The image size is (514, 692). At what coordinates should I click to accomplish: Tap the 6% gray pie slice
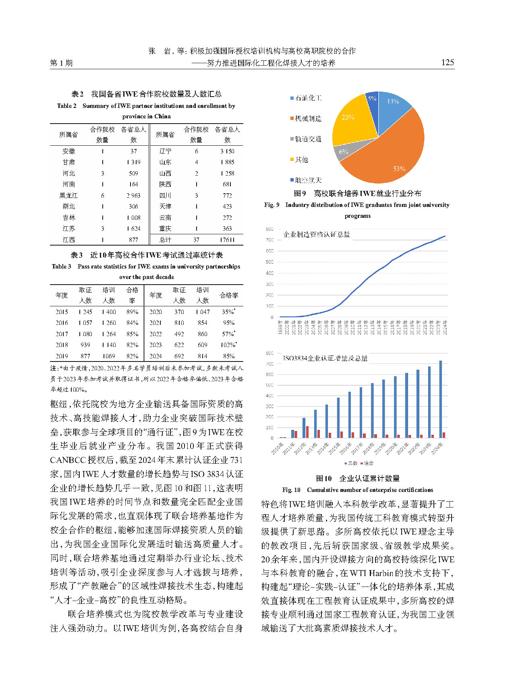click(344, 151)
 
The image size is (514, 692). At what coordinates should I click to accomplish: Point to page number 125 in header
click(448, 62)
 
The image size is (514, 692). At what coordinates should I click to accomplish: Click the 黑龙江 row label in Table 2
click(69, 195)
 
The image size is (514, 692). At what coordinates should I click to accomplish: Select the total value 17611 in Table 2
click(227, 240)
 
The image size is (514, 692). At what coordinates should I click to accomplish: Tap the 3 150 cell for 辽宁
click(227, 151)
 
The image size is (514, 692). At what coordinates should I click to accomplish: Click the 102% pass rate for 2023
click(228, 345)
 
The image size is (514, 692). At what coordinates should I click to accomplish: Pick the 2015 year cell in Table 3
click(62, 312)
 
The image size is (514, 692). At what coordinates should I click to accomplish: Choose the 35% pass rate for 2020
click(228, 312)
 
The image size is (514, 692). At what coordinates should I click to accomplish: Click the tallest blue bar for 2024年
click(440, 399)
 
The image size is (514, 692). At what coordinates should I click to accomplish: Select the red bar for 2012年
click(307, 432)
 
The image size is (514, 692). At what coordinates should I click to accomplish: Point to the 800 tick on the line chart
click(269, 229)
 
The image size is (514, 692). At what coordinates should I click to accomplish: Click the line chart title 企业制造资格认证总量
click(317, 234)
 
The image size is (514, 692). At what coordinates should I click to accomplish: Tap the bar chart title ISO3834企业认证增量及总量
click(325, 358)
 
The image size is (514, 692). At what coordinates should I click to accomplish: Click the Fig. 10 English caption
click(357, 490)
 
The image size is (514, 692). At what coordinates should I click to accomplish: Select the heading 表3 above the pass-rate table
click(77, 255)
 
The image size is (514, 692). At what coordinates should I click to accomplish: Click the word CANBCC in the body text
click(67, 460)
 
